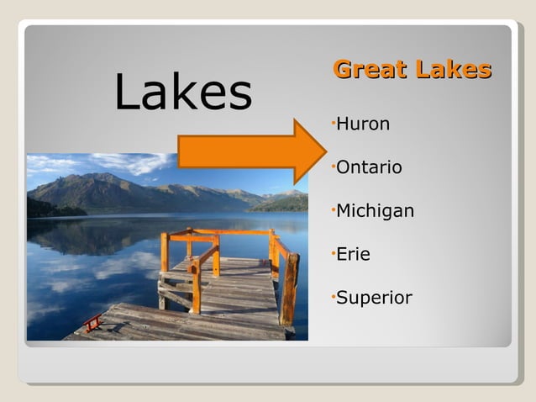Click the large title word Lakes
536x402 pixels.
pyautogui.click(x=183, y=93)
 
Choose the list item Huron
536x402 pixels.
pyautogui.click(x=363, y=124)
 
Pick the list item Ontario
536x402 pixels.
pyautogui.click(x=369, y=167)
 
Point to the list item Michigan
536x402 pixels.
pyautogui.click(x=375, y=211)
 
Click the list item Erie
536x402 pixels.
pyautogui.click(x=353, y=254)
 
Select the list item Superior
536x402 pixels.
pyautogui.click(x=374, y=298)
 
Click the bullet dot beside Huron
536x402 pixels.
pyautogui.click(x=334, y=123)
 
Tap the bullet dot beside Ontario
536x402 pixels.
pyautogui.click(x=334, y=166)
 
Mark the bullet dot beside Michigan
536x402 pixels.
pyautogui.click(x=334, y=209)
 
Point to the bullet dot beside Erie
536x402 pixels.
pyautogui.click(x=334, y=252)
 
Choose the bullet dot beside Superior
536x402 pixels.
pyautogui.click(x=334, y=296)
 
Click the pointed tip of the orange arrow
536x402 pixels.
pyautogui.click(x=324, y=151)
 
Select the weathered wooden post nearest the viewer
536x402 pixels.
pyautogui.click(x=289, y=290)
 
